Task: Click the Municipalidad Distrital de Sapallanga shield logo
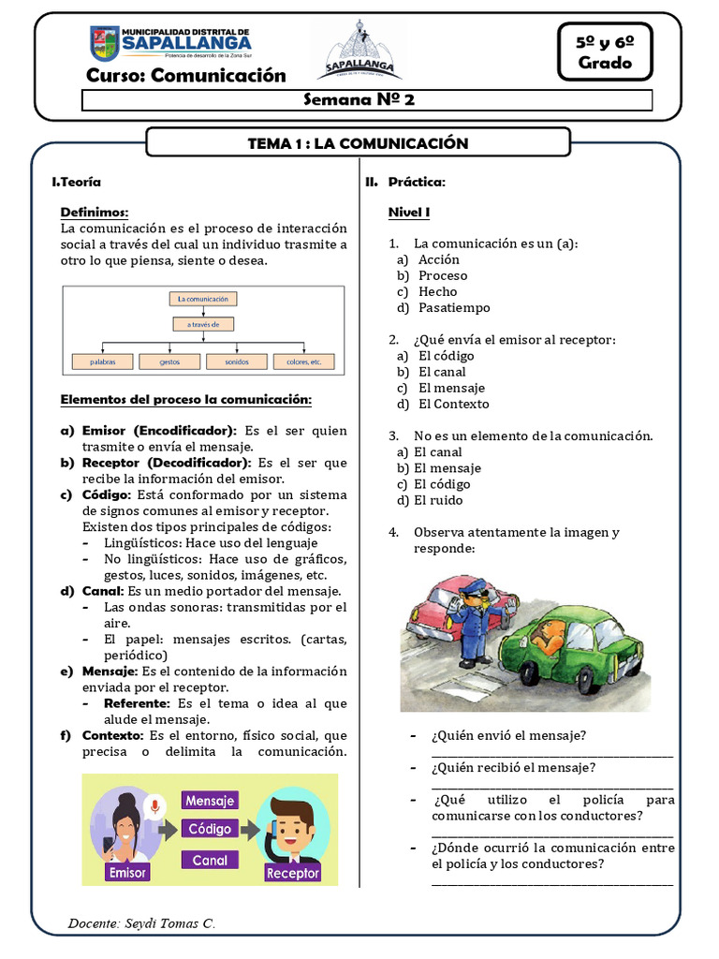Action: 104,44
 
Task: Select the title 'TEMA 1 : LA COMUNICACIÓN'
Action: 358,143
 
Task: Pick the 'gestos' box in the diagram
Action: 169,361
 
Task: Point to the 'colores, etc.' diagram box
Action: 304,361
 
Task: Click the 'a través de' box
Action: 202,325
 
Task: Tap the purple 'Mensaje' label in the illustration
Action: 210,801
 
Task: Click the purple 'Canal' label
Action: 210,860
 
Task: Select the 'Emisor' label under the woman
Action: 128,872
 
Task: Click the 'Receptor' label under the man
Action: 292,873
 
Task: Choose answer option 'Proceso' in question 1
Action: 443,275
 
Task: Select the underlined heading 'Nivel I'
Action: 409,213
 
